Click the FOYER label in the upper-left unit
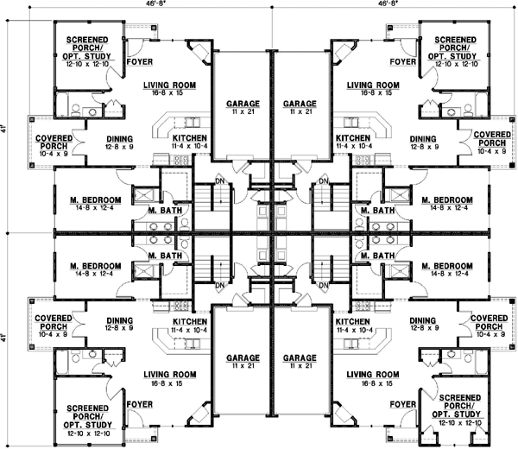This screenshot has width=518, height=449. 140,62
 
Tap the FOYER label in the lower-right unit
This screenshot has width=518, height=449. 402,403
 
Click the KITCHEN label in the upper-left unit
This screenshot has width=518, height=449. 189,138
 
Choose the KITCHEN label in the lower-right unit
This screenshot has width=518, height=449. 352,320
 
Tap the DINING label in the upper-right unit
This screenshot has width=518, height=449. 423,138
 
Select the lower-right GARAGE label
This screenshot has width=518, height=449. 297,357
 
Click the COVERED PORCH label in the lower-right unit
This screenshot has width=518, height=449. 490,322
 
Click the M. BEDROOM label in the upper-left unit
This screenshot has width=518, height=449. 96,199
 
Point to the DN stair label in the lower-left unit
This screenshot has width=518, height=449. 220,286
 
